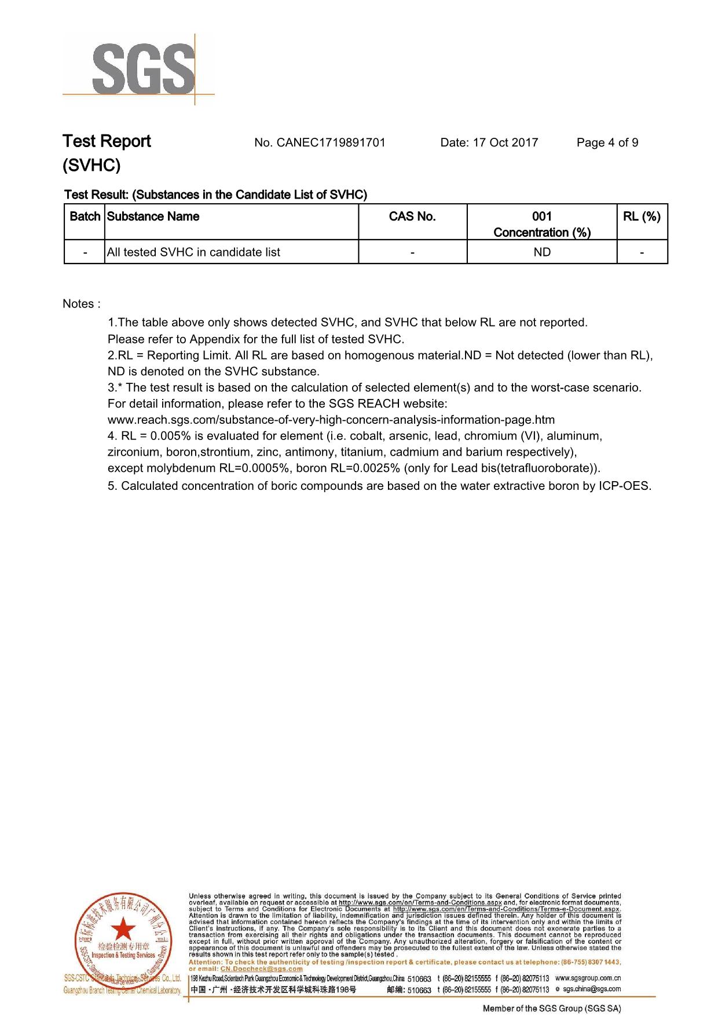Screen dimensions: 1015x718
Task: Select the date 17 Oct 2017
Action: click(505, 142)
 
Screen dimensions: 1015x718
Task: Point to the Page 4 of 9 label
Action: click(607, 142)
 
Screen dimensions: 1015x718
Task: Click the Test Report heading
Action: click(107, 141)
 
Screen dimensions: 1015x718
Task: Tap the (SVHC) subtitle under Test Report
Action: click(91, 166)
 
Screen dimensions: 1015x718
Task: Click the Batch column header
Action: click(85, 217)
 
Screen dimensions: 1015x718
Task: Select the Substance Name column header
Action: click(153, 217)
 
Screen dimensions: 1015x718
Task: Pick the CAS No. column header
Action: click(412, 217)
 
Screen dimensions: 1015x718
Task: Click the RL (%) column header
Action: click(642, 217)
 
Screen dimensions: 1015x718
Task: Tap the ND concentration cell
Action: click(542, 252)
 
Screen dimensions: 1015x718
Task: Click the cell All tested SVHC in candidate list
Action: click(193, 252)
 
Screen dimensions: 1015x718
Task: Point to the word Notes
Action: click(79, 304)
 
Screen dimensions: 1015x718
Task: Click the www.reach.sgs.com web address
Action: click(331, 420)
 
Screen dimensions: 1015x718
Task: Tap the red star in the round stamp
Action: click(123, 929)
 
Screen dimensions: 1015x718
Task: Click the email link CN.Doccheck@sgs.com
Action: click(262, 969)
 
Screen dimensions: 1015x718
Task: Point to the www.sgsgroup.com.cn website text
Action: click(588, 978)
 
